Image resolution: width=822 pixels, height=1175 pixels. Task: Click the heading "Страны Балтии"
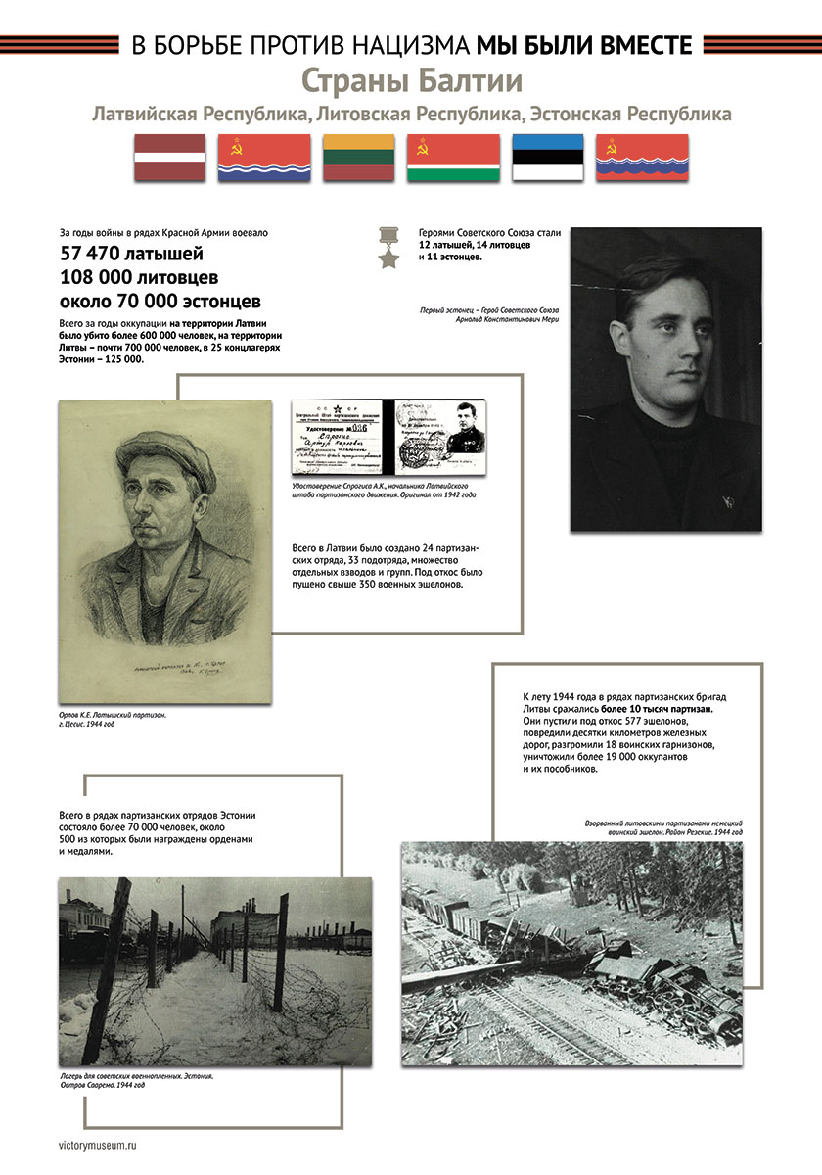[411, 79]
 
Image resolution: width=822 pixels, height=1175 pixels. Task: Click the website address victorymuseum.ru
[105, 1142]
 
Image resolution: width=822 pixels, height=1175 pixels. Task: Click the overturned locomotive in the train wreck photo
[685, 989]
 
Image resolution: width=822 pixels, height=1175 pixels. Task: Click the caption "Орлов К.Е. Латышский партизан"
[113, 715]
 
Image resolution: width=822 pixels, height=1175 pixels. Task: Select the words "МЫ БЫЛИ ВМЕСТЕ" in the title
[584, 44]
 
